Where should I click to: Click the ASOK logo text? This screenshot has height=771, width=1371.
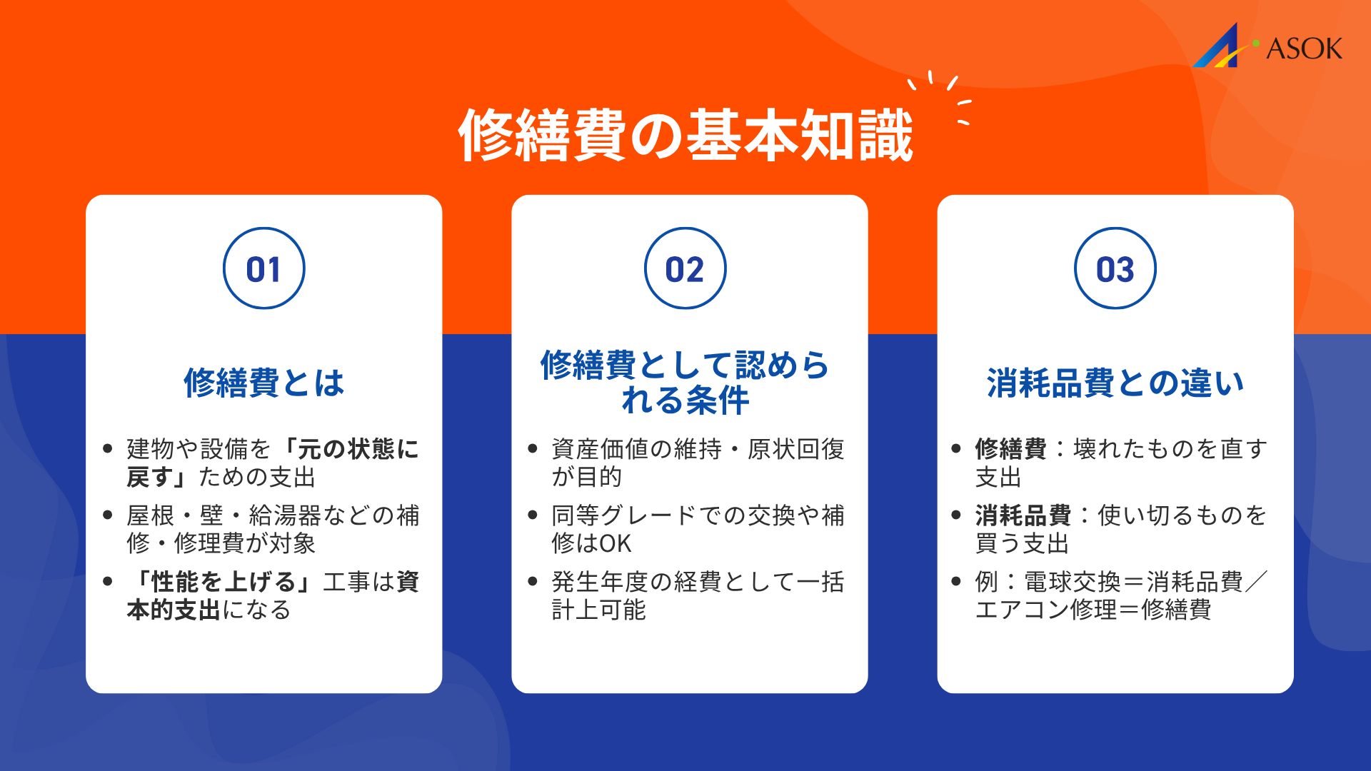[x=1304, y=49]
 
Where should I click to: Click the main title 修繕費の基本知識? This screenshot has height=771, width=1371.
[x=685, y=135]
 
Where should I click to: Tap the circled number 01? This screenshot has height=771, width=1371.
[x=263, y=269]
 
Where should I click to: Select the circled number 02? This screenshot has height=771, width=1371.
[x=685, y=269]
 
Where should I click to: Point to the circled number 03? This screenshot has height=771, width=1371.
[x=1115, y=269]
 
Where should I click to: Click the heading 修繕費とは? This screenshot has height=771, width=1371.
[x=263, y=383]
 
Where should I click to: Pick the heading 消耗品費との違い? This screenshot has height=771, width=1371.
[x=1115, y=383]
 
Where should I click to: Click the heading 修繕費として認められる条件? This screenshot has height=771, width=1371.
[x=685, y=382]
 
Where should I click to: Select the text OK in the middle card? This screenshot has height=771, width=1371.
[x=616, y=544]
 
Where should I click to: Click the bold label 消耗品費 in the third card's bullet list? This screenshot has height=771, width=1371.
[x=1023, y=515]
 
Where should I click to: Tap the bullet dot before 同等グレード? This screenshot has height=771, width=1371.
[x=532, y=515]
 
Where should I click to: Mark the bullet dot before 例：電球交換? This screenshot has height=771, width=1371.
[x=956, y=581]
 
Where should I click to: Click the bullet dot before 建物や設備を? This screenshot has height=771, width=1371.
[x=108, y=448]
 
